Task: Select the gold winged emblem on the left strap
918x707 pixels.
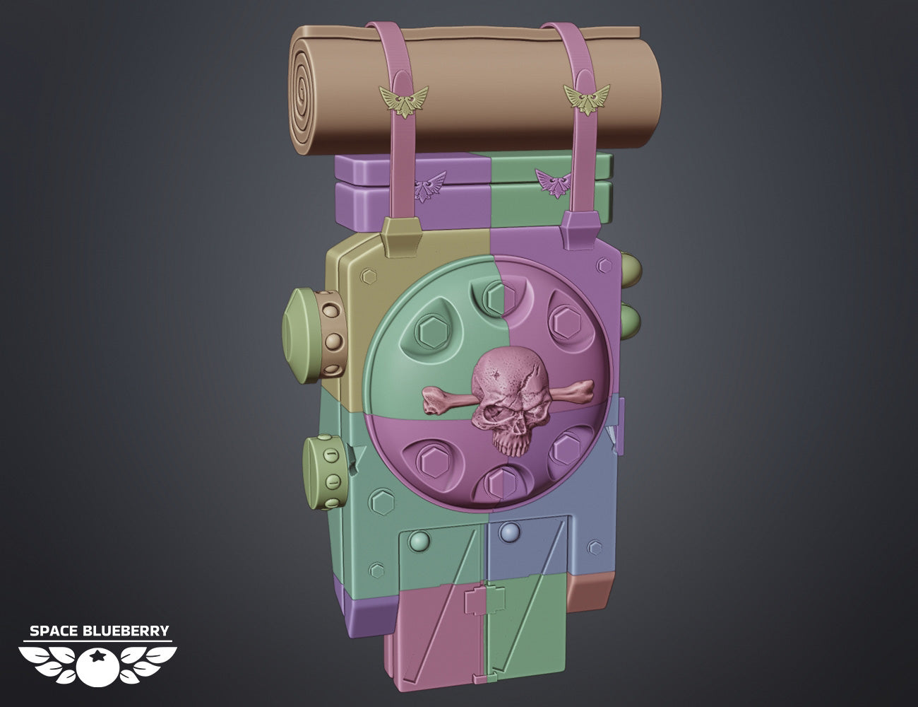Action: click(404, 101)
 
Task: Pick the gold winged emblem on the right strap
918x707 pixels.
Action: click(588, 99)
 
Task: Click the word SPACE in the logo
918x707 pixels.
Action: click(54, 631)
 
